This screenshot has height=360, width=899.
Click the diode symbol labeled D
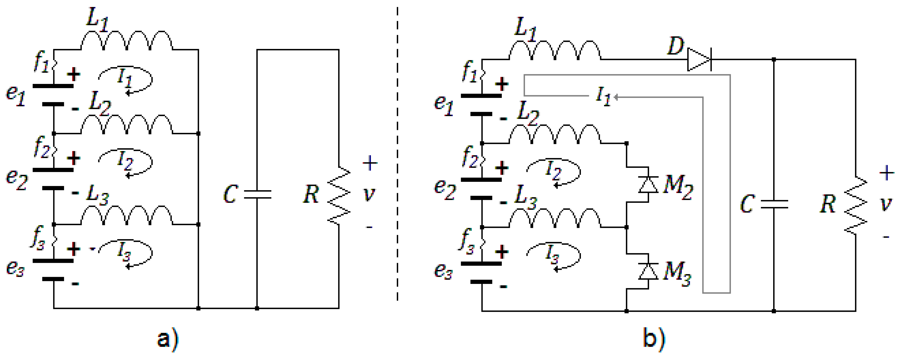699,60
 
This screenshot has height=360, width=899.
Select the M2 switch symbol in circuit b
648,185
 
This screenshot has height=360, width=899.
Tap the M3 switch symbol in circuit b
648,271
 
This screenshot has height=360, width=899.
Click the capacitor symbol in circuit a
257,194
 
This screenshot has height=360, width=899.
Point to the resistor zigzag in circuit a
339,195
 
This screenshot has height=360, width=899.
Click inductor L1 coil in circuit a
126,40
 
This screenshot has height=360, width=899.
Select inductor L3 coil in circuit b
555,218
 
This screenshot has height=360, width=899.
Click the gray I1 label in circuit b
603,96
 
